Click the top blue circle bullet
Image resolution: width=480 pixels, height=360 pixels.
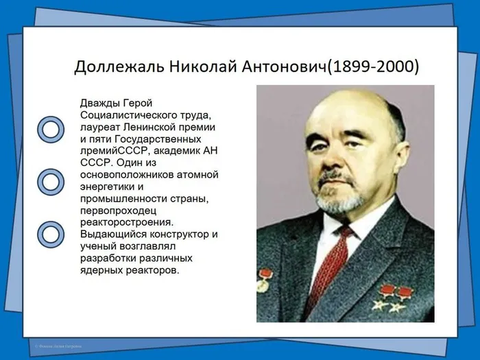[50, 128]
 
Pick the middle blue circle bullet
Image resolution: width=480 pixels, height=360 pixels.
[50, 181]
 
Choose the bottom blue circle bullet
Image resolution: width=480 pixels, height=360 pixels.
[50, 234]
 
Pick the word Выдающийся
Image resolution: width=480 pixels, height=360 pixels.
[111, 235]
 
